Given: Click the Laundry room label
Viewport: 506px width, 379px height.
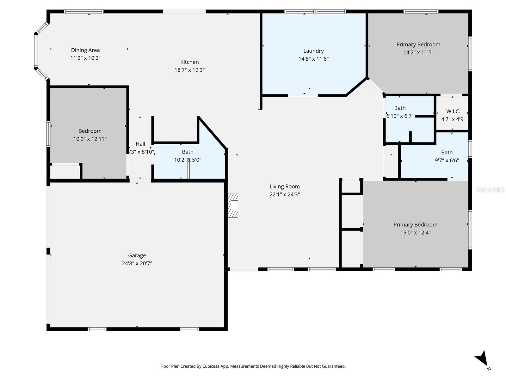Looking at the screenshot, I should (x=313, y=51).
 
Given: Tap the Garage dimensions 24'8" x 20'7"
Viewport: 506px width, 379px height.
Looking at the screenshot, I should (x=137, y=263).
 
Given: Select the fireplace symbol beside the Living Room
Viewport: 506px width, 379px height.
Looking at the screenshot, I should (x=233, y=206).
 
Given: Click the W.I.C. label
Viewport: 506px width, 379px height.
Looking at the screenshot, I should (x=453, y=111).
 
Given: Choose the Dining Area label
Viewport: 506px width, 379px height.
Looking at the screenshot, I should (x=85, y=50).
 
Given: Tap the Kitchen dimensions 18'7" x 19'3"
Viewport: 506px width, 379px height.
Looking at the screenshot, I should (x=189, y=70).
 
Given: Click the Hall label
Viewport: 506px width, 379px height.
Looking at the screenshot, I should (x=140, y=144).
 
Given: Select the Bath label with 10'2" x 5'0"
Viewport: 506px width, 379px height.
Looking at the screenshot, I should (x=188, y=152).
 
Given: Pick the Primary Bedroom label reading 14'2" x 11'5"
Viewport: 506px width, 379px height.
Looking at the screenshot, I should (x=418, y=45).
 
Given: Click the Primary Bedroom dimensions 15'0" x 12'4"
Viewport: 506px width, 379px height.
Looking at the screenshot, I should (x=415, y=233).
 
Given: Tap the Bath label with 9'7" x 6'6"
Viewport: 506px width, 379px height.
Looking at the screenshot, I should (x=447, y=153).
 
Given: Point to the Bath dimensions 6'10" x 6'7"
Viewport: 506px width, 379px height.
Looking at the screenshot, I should (x=400, y=116).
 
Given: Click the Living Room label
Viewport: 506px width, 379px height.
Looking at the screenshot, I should (x=285, y=187).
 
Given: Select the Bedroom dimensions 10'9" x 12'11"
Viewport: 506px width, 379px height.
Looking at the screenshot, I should (x=90, y=139).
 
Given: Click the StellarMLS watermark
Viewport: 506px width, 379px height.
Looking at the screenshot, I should (x=490, y=189).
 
